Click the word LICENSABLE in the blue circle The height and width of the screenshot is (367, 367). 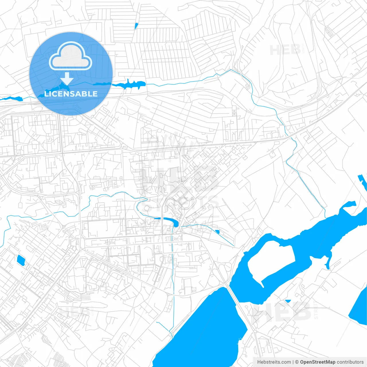[x=71, y=94]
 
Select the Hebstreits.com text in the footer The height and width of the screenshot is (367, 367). [x=274, y=362]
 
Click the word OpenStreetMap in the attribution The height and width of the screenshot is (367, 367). [x=318, y=362]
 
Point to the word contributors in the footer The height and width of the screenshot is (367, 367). [x=350, y=362]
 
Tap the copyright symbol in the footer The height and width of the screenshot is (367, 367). [x=297, y=362]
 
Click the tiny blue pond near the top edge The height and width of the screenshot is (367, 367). [x=136, y=26]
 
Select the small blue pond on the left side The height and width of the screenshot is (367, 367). [x=21, y=260]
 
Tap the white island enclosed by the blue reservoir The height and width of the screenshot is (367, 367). [x=270, y=261]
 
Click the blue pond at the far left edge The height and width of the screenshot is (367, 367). [x=11, y=99]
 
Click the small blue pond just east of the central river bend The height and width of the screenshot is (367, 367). [x=217, y=232]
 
